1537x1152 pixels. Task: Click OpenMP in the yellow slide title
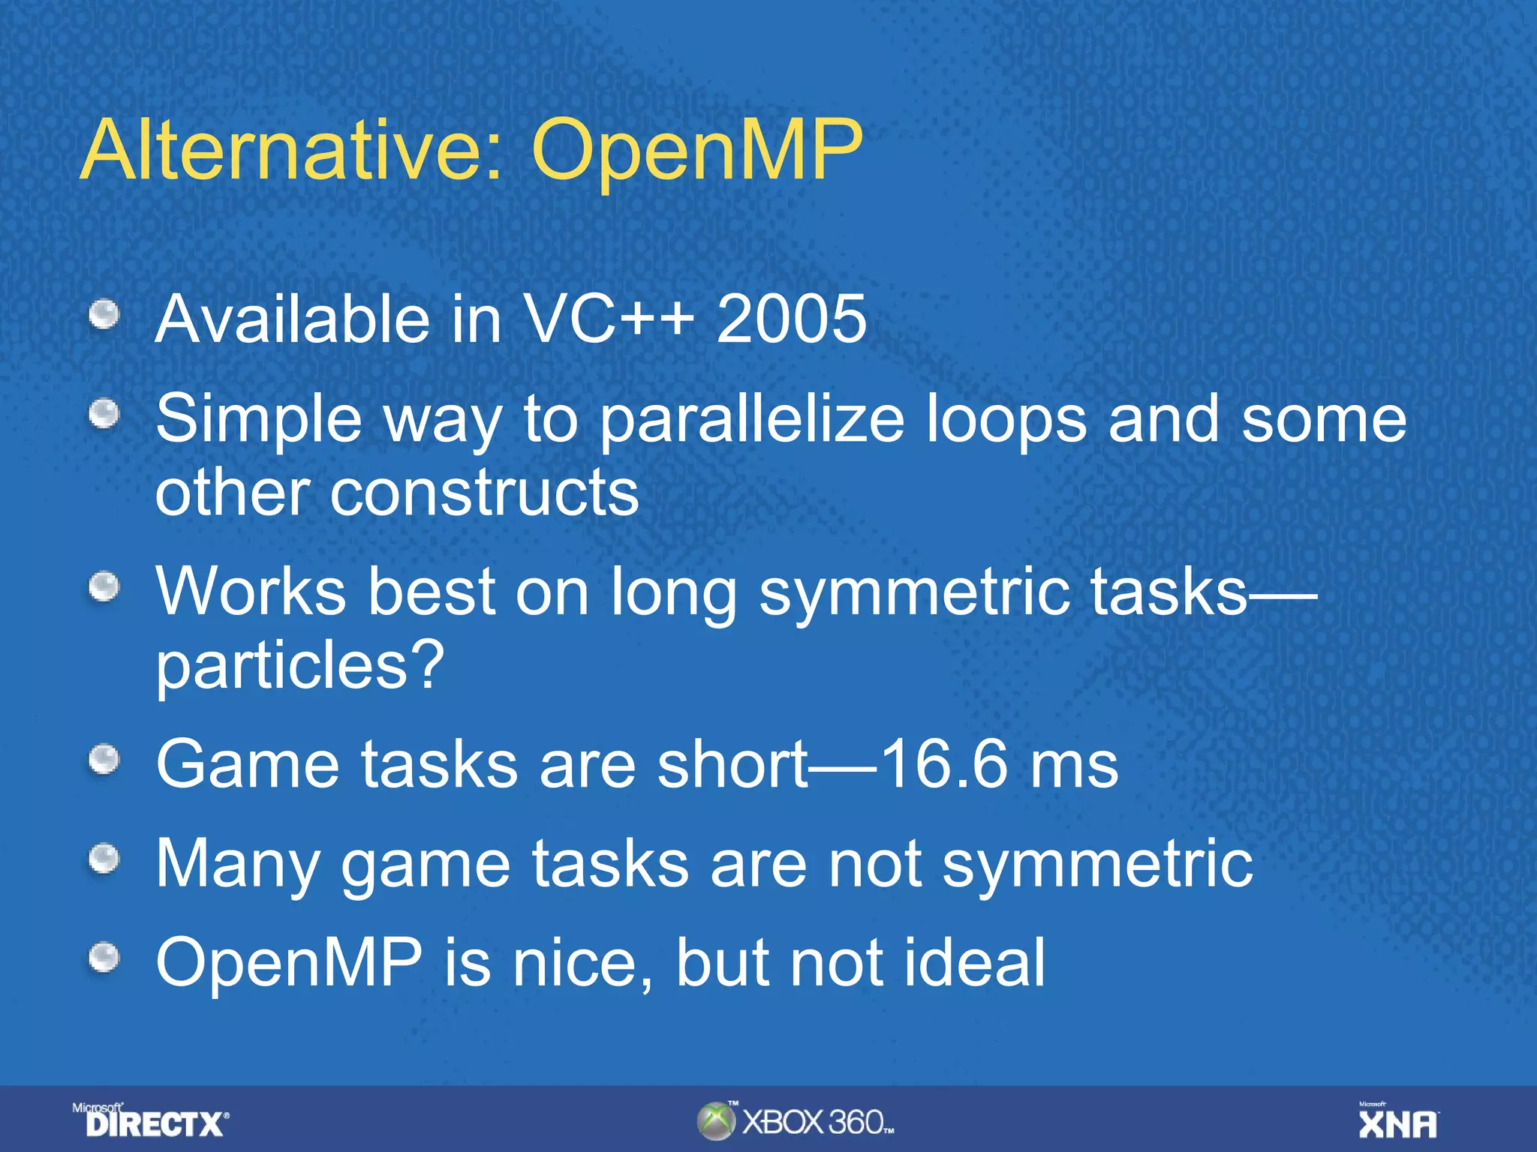[696, 152]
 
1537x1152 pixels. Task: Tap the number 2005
[791, 320]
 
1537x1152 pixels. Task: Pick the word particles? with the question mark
[300, 666]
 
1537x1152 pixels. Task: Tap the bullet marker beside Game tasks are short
[104, 760]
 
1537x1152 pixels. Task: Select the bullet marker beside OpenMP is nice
[104, 958]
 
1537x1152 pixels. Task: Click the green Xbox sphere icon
[715, 1121]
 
